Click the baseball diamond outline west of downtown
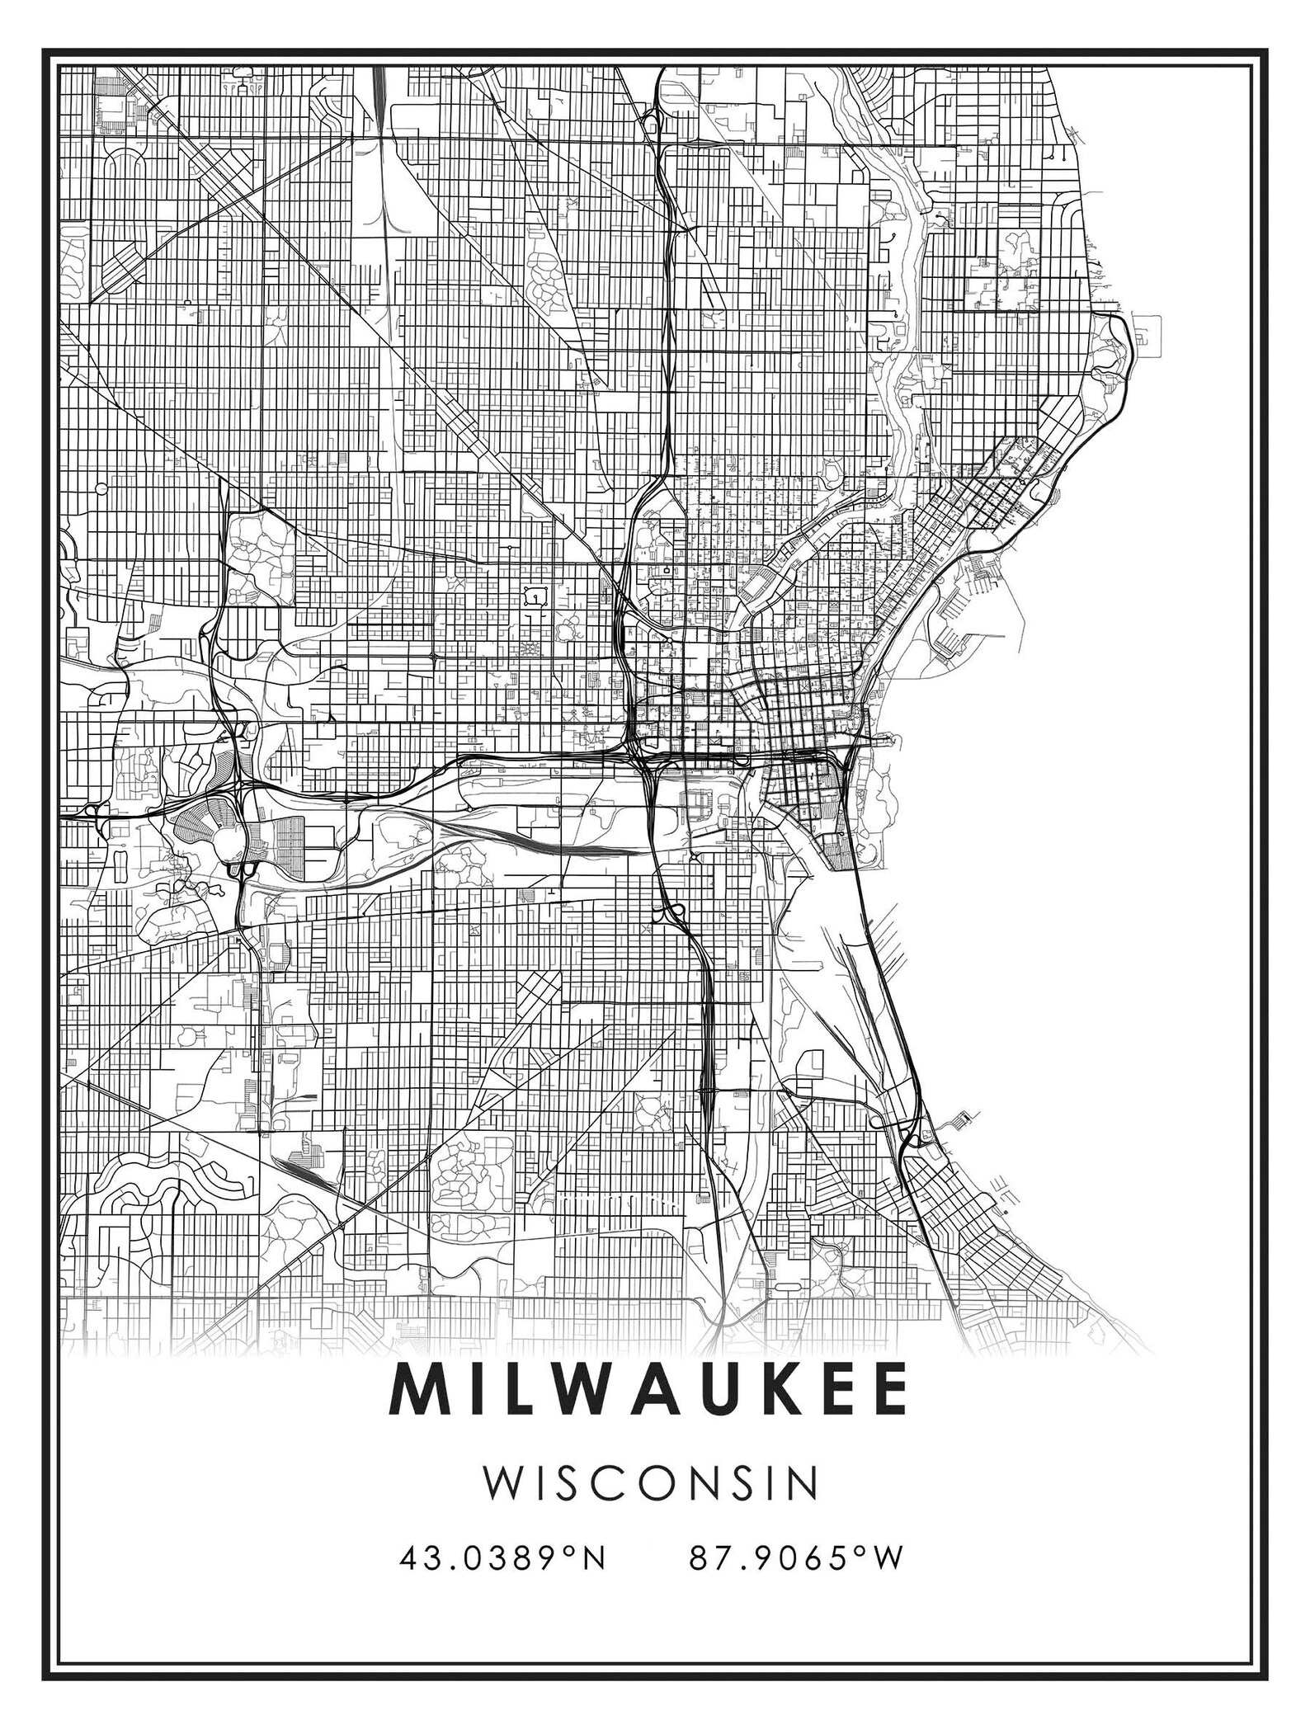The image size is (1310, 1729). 537,594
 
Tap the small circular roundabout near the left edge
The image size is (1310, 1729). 101,489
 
